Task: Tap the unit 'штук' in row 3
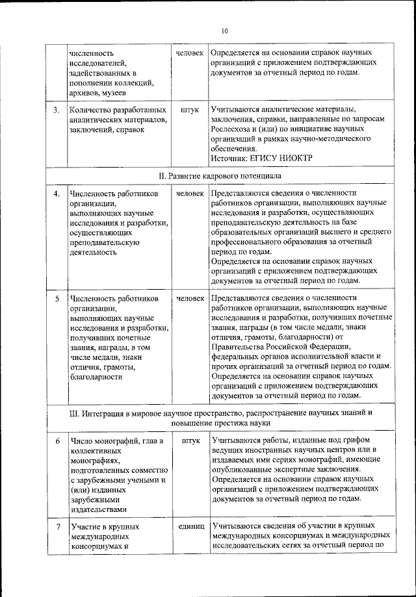coord(190,110)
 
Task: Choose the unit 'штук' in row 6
coord(190,441)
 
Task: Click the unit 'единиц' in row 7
coord(190,524)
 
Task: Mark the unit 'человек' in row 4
coord(190,194)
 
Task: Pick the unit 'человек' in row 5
coord(190,299)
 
